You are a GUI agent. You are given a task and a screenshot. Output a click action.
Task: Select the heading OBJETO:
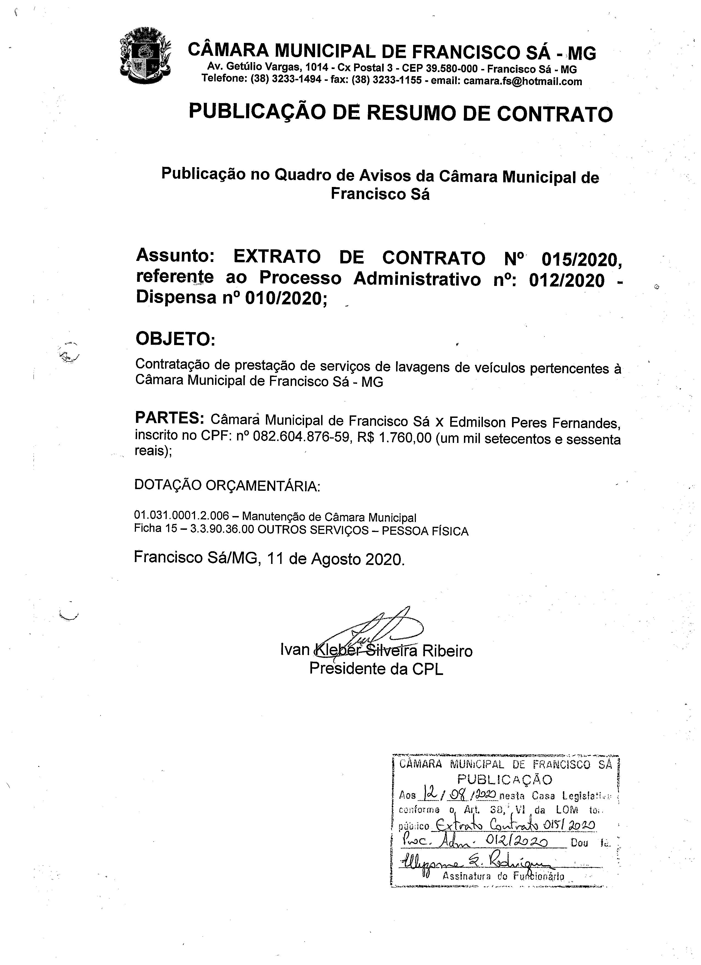pos(175,339)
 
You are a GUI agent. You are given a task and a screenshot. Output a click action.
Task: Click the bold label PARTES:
pos(169,418)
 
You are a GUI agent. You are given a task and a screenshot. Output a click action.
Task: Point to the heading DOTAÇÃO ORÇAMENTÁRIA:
pos(227,486)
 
